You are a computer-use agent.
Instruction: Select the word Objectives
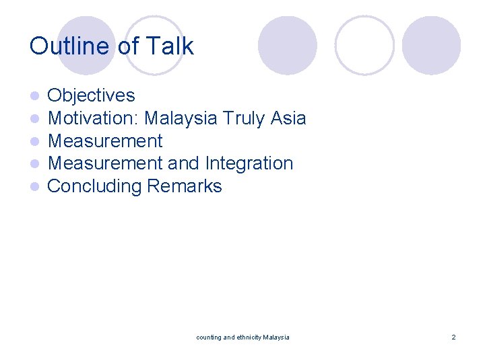coord(91,95)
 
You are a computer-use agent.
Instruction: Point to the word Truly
coord(245,118)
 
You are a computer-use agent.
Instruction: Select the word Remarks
coord(185,186)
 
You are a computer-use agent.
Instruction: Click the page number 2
coord(453,337)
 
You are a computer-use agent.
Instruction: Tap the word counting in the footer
coord(208,337)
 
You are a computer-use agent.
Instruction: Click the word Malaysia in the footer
coord(276,337)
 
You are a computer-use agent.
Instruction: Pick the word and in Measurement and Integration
coord(184,163)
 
